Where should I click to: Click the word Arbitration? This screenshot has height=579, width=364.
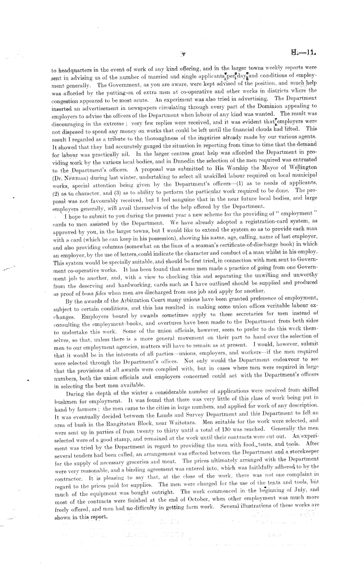tap(127, 299)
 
